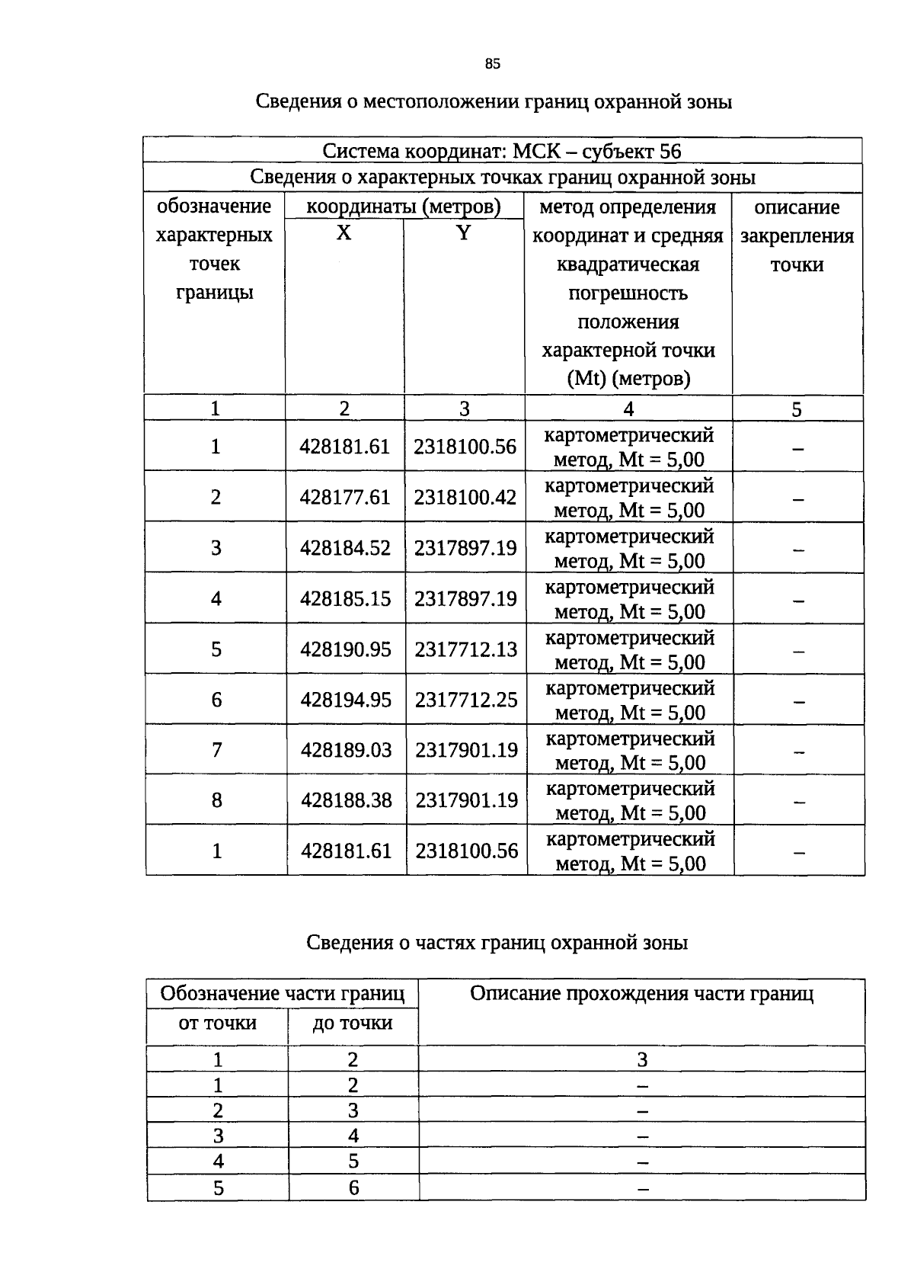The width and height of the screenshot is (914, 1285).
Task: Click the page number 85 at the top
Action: point(492,64)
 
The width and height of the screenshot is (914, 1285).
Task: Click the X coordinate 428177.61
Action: point(345,498)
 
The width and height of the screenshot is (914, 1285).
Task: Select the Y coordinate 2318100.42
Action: point(465,498)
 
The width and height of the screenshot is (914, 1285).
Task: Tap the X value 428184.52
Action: point(345,548)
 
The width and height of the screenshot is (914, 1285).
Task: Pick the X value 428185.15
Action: point(345,599)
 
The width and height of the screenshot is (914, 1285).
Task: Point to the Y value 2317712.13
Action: point(465,649)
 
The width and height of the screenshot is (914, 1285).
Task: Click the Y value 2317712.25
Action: point(465,700)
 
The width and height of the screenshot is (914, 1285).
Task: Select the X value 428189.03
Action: point(346,750)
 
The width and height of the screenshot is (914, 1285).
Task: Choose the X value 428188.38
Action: point(346,800)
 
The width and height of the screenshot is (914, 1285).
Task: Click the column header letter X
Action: point(344,233)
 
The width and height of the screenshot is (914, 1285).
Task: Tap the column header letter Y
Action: point(464,233)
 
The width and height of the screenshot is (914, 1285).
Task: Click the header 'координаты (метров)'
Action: point(404,207)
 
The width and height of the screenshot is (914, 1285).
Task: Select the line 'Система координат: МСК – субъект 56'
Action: point(502,151)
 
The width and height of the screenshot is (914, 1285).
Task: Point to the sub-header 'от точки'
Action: point(217,1023)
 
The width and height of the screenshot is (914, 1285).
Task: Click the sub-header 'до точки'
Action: point(353,1023)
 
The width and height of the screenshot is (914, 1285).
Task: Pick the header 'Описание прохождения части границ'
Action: point(641,994)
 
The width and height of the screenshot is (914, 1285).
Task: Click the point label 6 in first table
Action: point(216,700)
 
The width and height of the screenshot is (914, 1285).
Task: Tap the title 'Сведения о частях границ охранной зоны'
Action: point(497,943)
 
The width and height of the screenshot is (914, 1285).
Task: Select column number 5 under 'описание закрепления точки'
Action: point(797,410)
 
